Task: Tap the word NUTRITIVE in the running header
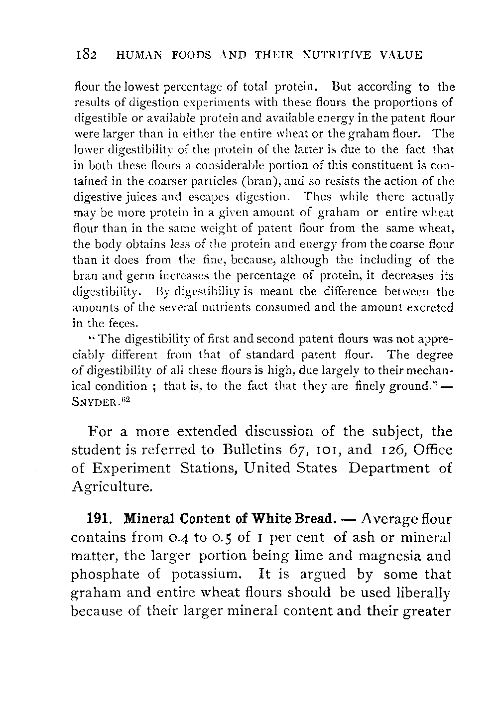click(x=337, y=55)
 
